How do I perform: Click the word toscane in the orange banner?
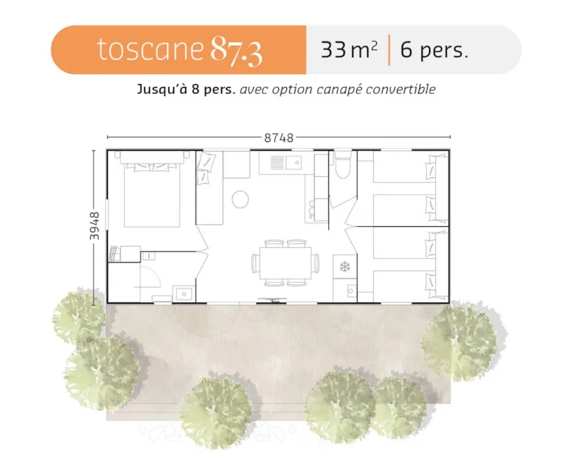[151, 50]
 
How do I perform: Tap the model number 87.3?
[236, 50]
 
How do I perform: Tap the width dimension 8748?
[278, 138]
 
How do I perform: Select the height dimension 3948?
[95, 226]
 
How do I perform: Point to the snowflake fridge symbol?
[344, 267]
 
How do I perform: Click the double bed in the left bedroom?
[152, 193]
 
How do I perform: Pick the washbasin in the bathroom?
[183, 293]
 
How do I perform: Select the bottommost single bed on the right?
[405, 285]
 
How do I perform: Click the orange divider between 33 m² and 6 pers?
[389, 51]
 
